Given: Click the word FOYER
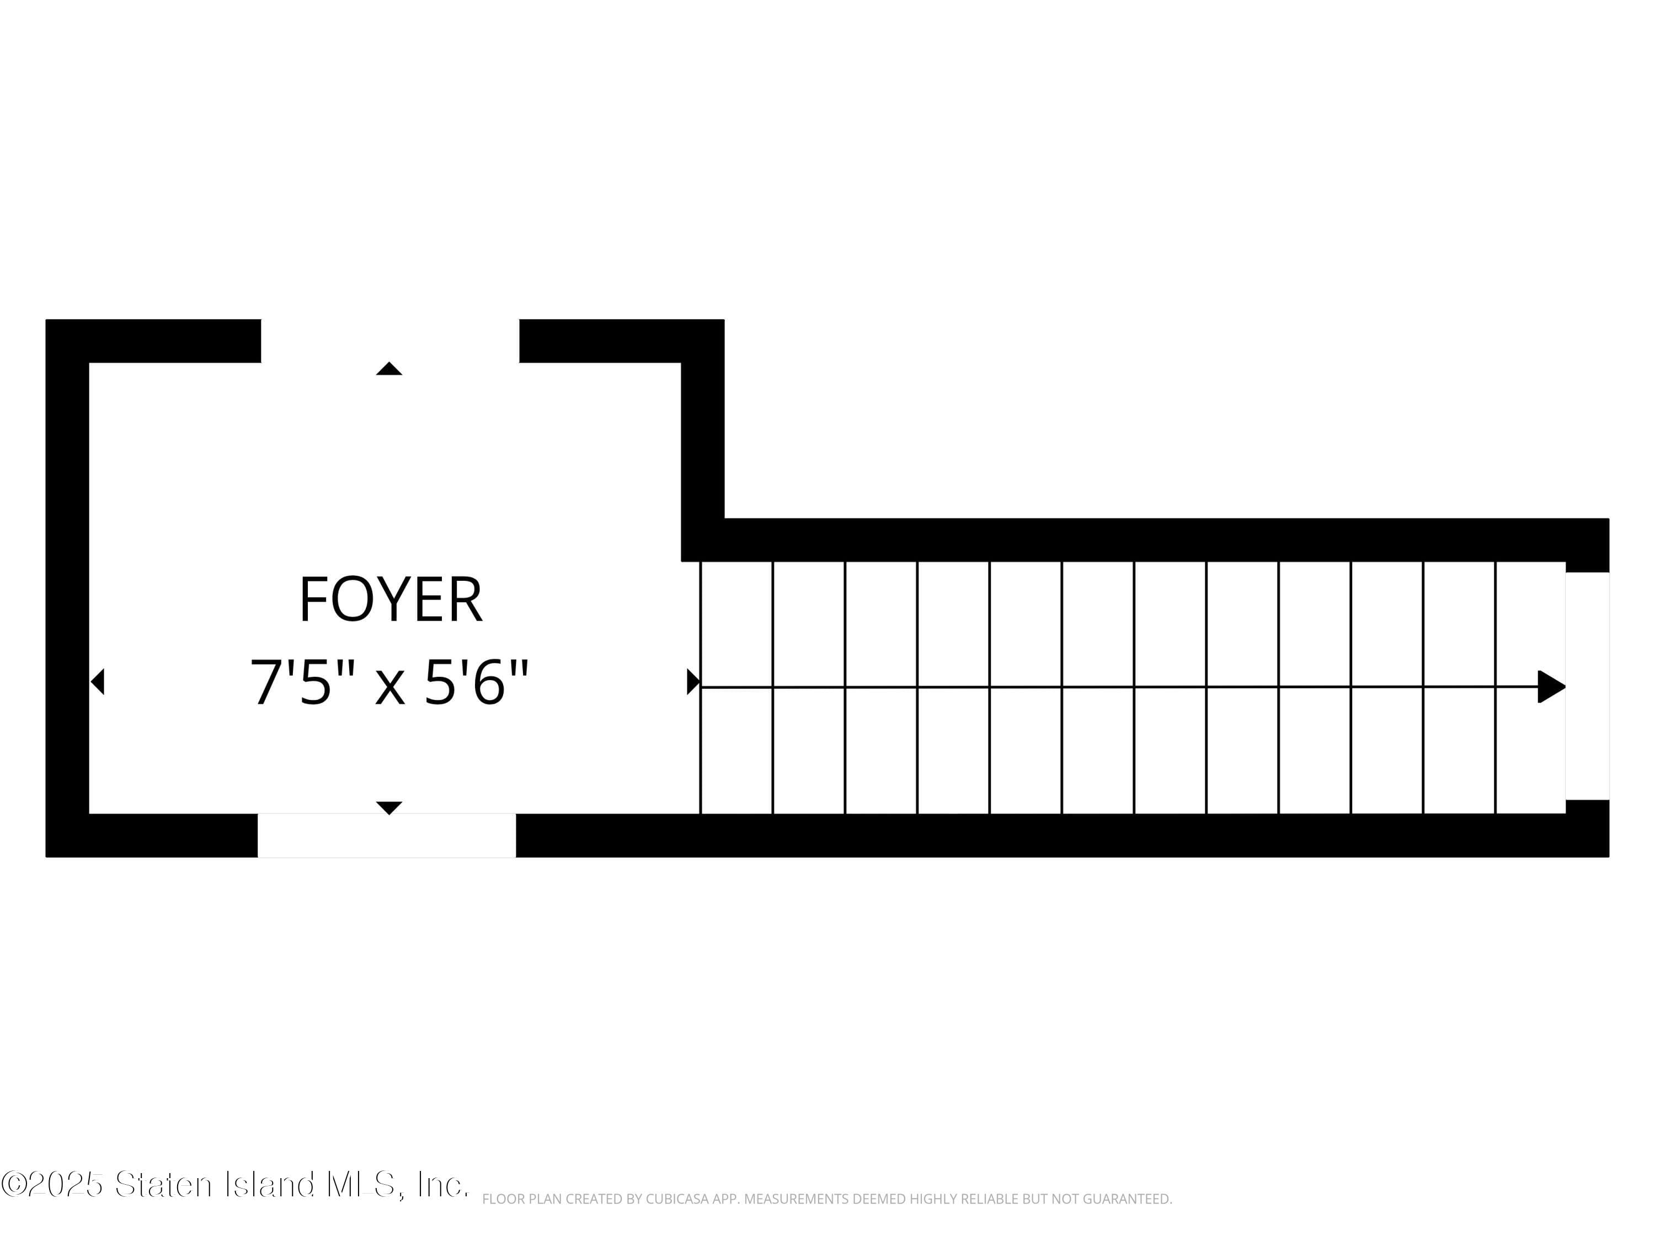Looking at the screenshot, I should point(391,600).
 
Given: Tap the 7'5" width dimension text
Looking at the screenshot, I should point(291,682).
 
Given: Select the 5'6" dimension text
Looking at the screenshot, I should point(477,682).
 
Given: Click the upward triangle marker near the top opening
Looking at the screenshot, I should point(389,369).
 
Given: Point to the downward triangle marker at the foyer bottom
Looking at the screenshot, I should point(389,807).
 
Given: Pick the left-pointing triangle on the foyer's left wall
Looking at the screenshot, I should point(97,682).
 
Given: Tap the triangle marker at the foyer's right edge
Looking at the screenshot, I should point(693,682).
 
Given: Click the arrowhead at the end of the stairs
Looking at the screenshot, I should point(1550,687).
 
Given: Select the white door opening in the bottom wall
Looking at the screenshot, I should point(387,835).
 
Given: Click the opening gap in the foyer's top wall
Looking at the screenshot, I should point(390,341).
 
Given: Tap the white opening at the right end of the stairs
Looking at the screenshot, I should point(1587,686).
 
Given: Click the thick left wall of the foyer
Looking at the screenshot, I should point(67,587).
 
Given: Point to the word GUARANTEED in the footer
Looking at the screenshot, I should point(1127,1199).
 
